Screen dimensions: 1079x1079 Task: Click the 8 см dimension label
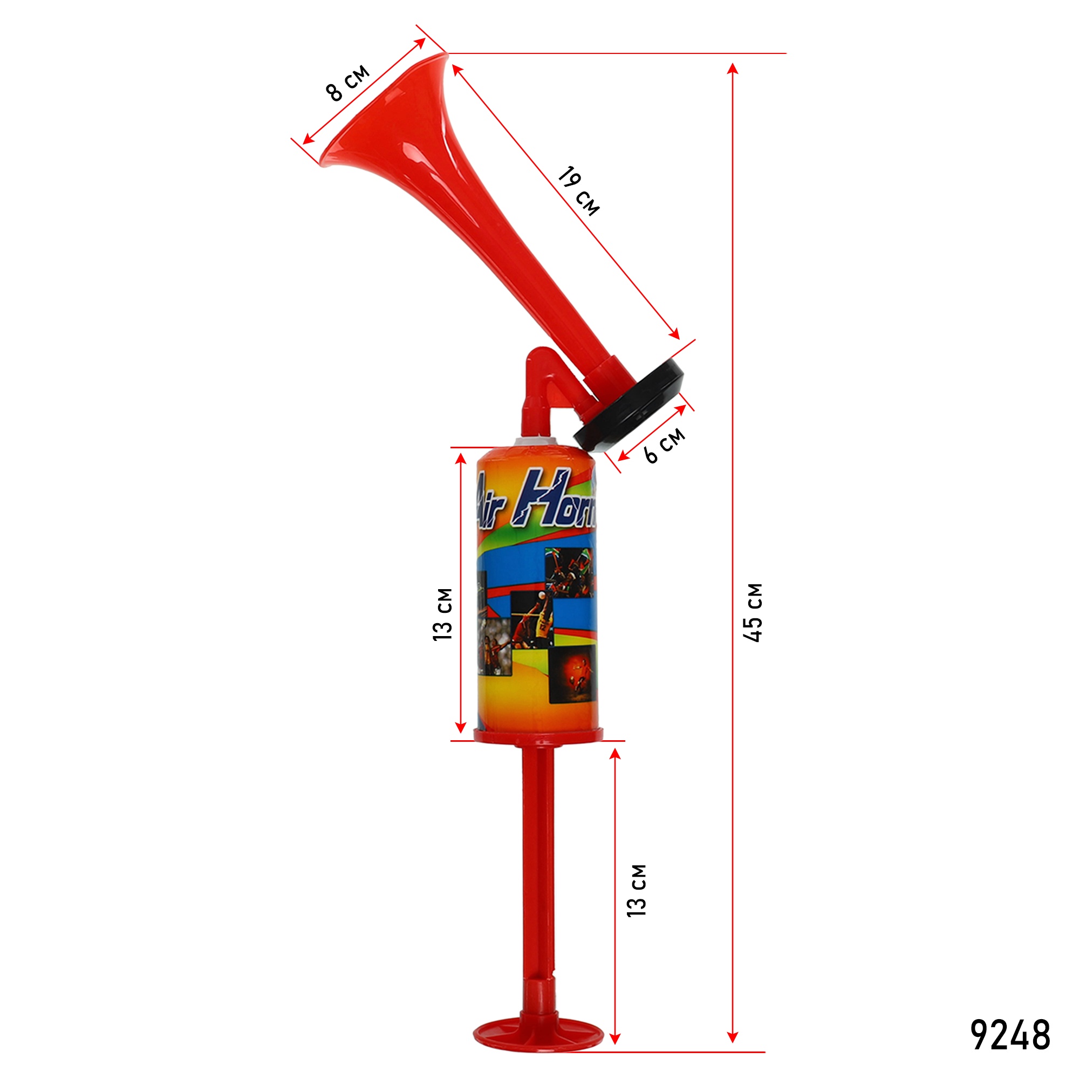click(347, 83)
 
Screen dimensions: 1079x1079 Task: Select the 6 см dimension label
click(665, 445)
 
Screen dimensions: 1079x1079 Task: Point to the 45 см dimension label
click(753, 613)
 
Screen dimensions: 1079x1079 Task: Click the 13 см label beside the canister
click(443, 614)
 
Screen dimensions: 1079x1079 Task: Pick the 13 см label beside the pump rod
click(637, 891)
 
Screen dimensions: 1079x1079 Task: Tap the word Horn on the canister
click(556, 499)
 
